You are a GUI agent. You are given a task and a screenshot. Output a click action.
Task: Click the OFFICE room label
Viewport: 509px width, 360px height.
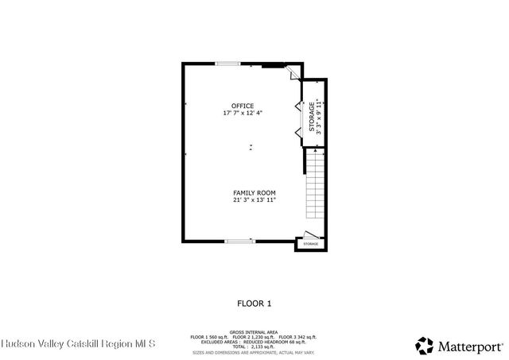coord(243,106)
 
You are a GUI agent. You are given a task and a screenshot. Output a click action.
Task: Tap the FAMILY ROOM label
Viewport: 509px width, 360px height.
coord(254,193)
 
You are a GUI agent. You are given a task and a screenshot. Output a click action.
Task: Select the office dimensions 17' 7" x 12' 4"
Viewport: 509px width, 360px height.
coord(243,113)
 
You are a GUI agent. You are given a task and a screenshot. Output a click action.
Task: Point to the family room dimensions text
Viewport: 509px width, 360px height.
coord(254,200)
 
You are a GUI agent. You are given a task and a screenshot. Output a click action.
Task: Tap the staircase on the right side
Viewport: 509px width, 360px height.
coord(316,187)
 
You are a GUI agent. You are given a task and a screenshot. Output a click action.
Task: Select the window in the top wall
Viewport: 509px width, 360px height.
coord(229,64)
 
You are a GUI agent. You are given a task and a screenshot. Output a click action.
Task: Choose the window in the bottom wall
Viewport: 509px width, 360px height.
coord(239,240)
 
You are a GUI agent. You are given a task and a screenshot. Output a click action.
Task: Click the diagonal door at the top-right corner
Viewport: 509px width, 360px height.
coord(293,72)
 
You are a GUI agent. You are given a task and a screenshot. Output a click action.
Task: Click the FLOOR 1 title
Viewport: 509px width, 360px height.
coord(254,303)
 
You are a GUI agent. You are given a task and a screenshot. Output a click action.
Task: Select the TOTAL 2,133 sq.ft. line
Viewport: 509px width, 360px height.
coord(254,346)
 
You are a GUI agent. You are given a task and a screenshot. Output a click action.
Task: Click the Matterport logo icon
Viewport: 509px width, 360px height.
coord(424,345)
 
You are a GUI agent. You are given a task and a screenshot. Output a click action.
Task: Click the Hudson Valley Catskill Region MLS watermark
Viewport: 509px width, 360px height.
coord(78,344)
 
